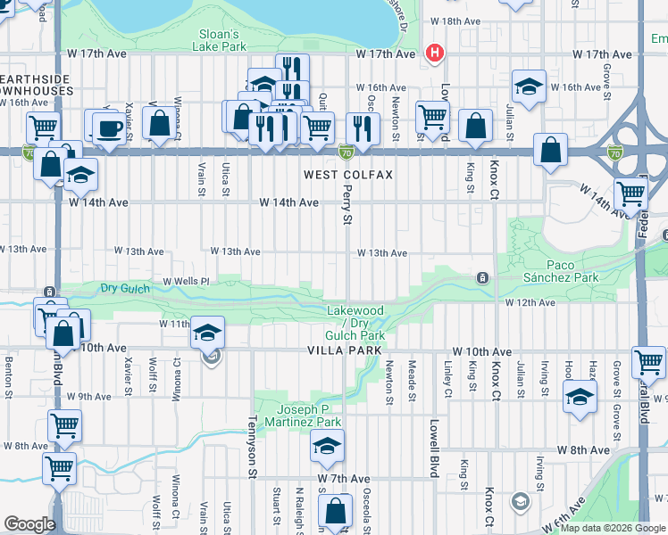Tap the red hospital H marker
pyautogui.click(x=435, y=53)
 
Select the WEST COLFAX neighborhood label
pyautogui.click(x=347, y=175)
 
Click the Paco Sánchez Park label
pyautogui.click(x=573, y=271)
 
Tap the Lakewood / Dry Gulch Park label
pyautogui.click(x=355, y=323)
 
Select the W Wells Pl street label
pyautogui.click(x=185, y=281)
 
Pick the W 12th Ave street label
pyautogui.click(x=530, y=303)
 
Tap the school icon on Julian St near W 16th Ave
pyautogui.click(x=529, y=87)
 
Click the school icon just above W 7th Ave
pyautogui.click(x=328, y=445)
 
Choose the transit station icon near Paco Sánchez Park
pyautogui.click(x=482, y=278)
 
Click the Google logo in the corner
pyautogui.click(x=29, y=524)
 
